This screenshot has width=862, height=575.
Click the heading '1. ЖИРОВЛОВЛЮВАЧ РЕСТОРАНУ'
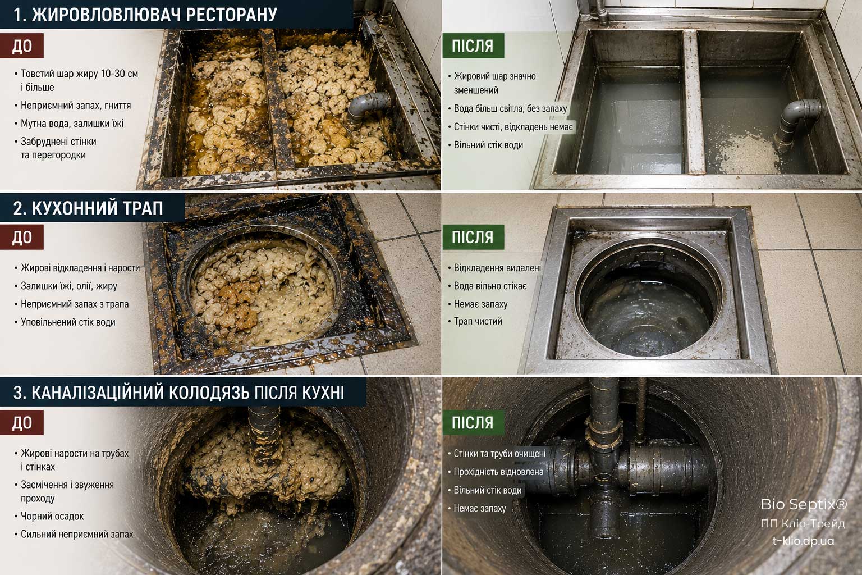point(145,15)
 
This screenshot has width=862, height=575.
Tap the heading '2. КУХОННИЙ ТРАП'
point(88,208)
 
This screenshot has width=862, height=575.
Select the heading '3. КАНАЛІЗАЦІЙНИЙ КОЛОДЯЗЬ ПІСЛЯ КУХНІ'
point(178,393)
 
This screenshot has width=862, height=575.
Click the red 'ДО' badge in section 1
point(22,46)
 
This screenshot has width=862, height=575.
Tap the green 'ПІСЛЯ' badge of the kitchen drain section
point(473,237)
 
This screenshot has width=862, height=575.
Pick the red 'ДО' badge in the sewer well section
point(22,422)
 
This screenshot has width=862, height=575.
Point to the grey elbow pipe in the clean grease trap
point(796,122)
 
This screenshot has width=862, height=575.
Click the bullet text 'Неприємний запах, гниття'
point(75,106)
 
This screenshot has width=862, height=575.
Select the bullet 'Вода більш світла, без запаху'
point(510,108)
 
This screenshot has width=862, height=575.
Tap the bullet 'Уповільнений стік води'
point(68,322)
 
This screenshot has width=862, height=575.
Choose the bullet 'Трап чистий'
point(478,321)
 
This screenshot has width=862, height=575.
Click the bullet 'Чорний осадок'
point(52,516)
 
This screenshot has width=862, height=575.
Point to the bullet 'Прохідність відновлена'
point(498,472)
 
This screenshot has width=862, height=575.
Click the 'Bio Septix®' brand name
point(804,504)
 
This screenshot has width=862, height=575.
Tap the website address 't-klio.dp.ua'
point(804,541)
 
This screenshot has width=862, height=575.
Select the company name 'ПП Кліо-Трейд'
point(803,523)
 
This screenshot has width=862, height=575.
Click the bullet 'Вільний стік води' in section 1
point(488,145)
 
